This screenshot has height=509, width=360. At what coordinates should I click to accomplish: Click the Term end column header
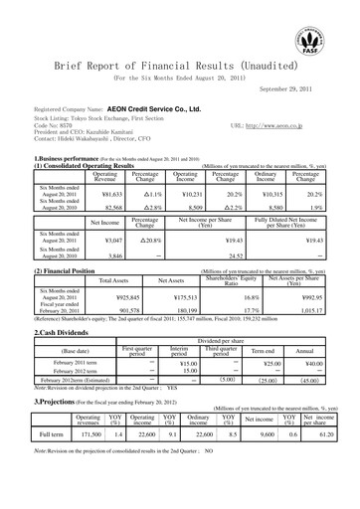(x=265, y=352)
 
